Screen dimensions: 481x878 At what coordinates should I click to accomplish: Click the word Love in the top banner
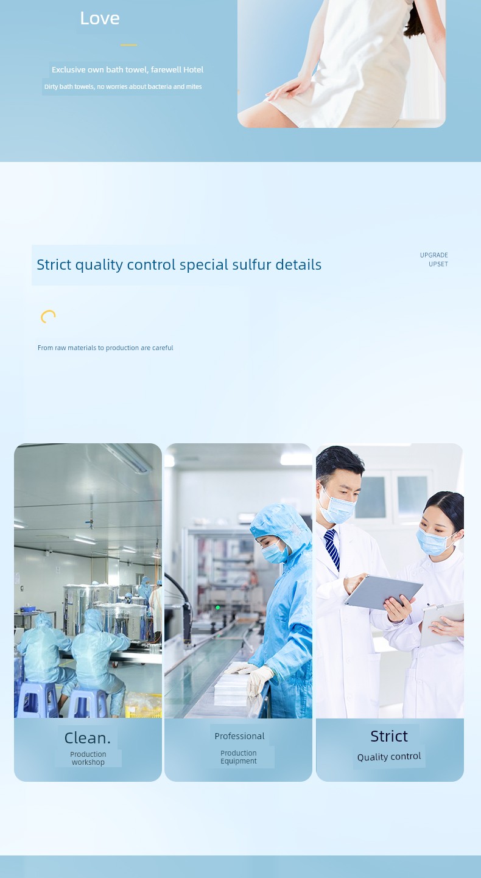[100, 18]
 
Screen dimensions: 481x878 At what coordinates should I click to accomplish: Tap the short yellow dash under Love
[128, 45]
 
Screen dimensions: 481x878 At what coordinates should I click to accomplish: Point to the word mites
[194, 86]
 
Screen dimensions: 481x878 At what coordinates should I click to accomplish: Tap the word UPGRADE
[434, 255]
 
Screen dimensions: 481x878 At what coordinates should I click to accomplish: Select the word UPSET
[438, 264]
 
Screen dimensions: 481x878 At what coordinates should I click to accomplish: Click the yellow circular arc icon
[47, 315]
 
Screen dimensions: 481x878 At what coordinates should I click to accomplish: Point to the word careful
[163, 348]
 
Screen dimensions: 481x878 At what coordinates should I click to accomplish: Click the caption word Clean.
[88, 738]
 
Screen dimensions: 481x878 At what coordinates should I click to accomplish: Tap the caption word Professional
[239, 736]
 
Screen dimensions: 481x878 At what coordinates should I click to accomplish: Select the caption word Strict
[389, 736]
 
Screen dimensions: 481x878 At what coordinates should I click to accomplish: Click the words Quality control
[389, 756]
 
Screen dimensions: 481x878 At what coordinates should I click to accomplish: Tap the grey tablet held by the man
[383, 592]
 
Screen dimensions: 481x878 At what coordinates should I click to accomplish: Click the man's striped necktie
[332, 549]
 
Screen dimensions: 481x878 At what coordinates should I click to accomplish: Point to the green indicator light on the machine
[218, 608]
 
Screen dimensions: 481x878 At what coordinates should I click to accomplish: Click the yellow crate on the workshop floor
[144, 705]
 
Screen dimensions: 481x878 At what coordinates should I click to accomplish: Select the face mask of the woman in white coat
[433, 541]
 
